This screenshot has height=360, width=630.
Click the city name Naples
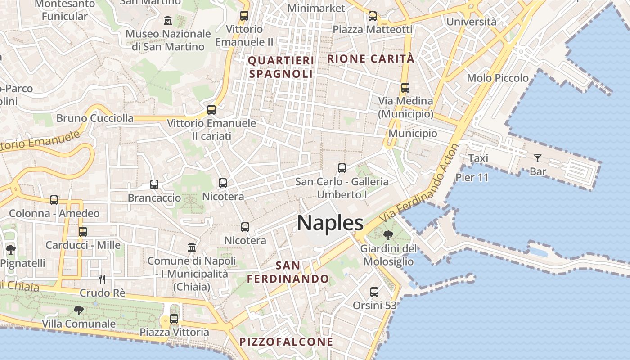pos(330,223)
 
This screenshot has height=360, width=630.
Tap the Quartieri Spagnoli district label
pos(281,67)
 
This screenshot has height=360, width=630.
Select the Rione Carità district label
pos(370,58)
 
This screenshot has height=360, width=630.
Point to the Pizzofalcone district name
pos(286,342)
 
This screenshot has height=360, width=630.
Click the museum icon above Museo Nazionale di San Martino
pos(168,20)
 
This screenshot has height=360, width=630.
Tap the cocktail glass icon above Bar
pos(537,158)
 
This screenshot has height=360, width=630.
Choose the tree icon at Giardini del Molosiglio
pos(388,235)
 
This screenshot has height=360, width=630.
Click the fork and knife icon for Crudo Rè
pos(102,279)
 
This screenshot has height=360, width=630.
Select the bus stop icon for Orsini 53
pos(374,292)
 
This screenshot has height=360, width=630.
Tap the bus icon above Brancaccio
pos(154,184)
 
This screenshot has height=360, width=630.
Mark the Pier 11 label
pos(472,177)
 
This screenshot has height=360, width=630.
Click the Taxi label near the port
pos(478,158)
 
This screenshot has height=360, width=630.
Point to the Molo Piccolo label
pos(498,78)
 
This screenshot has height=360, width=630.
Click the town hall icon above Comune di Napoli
pos(192,247)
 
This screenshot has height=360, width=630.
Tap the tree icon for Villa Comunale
pos(79,310)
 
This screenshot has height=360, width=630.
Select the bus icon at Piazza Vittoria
pos(174,319)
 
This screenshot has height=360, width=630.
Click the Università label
pos(471,22)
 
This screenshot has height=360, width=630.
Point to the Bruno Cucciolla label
pos(95,118)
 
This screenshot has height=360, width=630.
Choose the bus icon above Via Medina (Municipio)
pos(405,88)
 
